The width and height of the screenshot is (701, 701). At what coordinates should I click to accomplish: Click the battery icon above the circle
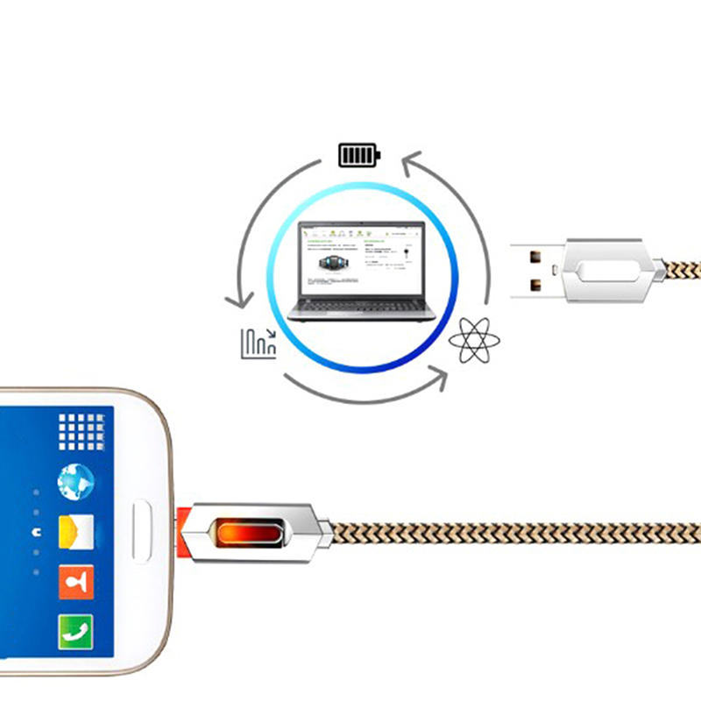pos(359,155)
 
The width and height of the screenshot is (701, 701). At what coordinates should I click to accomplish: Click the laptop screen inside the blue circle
pos(361,258)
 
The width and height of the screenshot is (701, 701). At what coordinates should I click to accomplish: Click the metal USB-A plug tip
pos(535,270)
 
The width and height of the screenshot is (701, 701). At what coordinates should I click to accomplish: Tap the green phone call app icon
pos(75,630)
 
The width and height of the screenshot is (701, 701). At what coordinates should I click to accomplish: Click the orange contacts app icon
pos(75,582)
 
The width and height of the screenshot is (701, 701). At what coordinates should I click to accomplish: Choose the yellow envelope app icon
pos(75,531)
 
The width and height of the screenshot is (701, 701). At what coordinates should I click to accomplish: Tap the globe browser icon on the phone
pos(75,481)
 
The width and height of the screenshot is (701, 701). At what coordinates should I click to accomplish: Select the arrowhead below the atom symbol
pos(438,378)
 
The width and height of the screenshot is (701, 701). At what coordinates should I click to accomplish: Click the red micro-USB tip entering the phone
pos(181,530)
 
